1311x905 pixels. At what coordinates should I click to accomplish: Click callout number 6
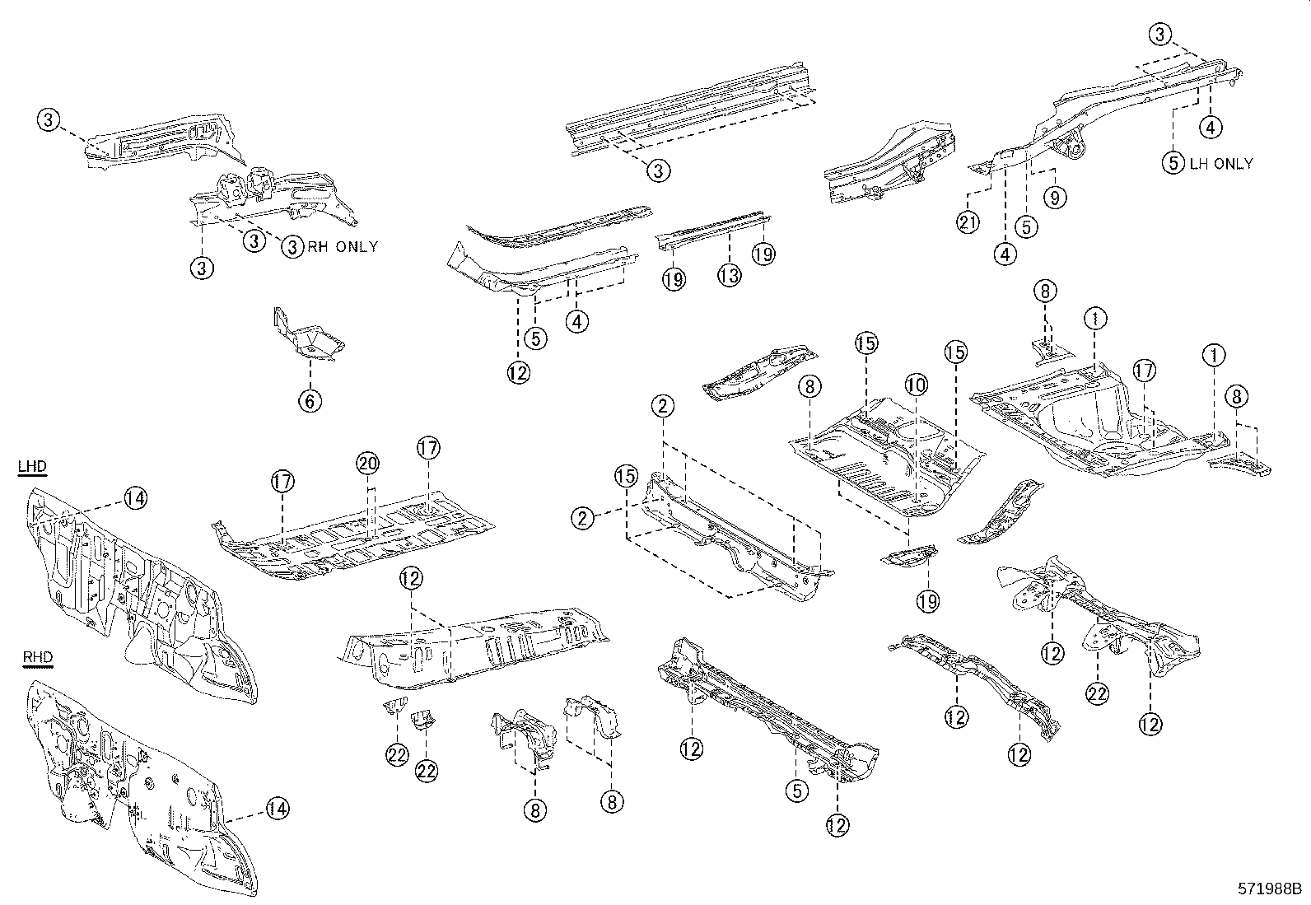[310, 401]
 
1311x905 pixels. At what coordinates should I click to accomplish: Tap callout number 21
[968, 222]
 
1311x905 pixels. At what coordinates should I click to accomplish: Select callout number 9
[1055, 197]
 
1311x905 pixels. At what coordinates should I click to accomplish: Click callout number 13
[730, 276]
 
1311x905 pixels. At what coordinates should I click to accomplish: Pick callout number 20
[368, 464]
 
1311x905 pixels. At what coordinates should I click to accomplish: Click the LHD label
[32, 467]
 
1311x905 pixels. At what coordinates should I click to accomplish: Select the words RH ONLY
[343, 246]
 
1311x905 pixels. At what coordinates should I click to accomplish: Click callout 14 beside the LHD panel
[136, 497]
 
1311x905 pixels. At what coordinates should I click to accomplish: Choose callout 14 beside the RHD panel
[278, 809]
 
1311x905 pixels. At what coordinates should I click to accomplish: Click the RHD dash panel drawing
[132, 791]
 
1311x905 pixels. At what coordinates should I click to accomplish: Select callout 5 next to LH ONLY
[1173, 162]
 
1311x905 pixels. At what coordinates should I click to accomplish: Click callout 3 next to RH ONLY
[292, 246]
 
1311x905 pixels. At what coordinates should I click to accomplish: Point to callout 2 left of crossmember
[583, 518]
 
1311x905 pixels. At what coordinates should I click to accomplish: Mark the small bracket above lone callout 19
[908, 557]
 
